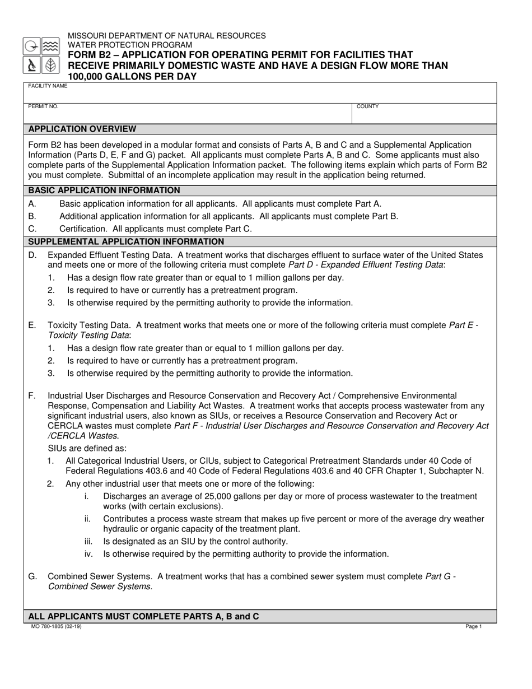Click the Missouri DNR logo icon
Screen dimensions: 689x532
click(41, 56)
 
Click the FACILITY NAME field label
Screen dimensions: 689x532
click(48, 86)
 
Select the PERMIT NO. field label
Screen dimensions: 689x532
click(43, 106)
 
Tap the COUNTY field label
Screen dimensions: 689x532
click(367, 106)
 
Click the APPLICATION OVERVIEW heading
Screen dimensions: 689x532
click(82, 129)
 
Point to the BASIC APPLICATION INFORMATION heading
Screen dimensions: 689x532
click(104, 190)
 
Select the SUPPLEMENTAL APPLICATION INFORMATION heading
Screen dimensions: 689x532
click(126, 242)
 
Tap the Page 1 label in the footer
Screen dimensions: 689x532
click(473, 627)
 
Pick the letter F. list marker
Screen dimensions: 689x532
click(32, 396)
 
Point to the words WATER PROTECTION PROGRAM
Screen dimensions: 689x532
click(130, 45)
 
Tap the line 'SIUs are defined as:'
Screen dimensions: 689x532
click(87, 448)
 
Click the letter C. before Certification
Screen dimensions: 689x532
click(32, 229)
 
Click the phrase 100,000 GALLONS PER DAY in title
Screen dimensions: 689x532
click(132, 76)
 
